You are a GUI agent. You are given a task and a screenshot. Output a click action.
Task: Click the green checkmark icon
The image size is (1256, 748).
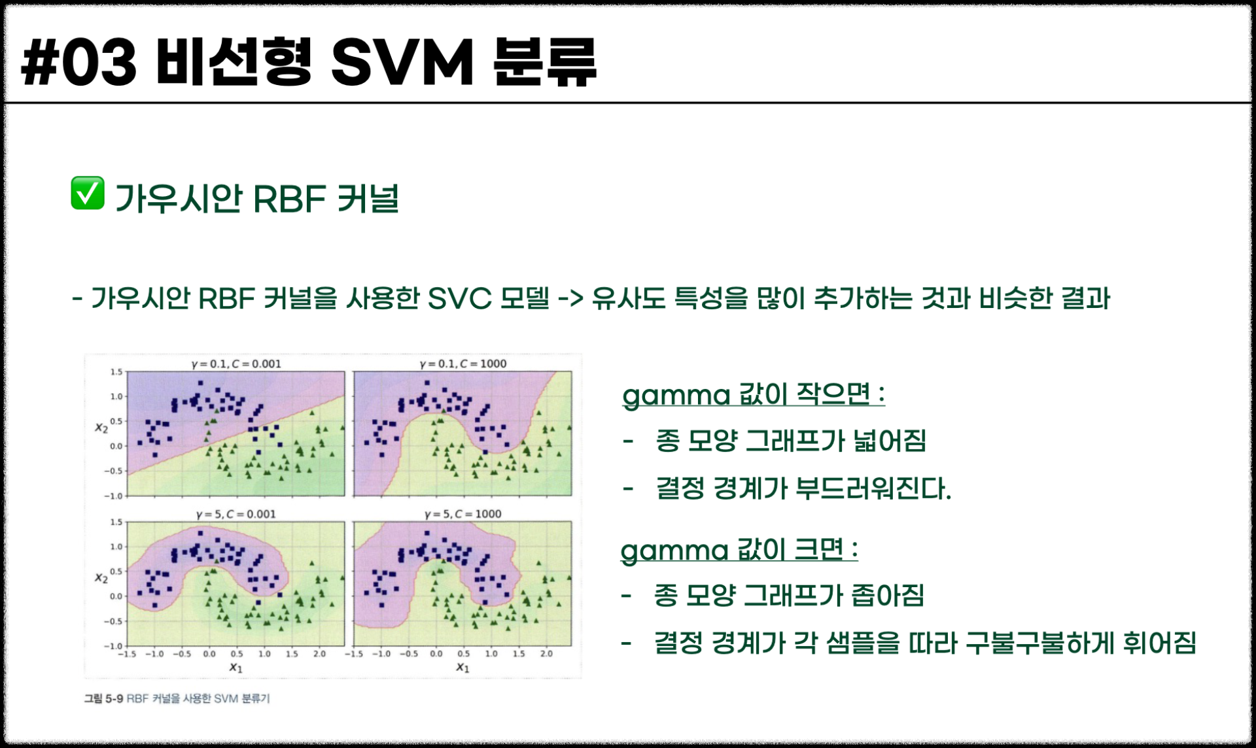coord(88,193)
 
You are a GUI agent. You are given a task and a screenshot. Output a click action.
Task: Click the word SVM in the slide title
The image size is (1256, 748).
coord(402,62)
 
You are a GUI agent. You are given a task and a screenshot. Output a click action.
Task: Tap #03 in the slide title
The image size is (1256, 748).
coord(78,62)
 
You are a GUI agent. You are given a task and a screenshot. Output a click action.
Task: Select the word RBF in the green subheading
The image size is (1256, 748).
coord(289,199)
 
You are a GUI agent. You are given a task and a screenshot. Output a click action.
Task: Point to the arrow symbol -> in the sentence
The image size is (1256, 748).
coord(570,299)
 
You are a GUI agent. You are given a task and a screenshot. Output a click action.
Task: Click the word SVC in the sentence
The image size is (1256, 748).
coord(459,299)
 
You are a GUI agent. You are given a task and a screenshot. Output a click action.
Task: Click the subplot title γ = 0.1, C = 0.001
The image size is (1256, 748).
coord(236,364)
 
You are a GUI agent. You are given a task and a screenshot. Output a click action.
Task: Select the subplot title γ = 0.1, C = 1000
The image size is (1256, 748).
coord(463,364)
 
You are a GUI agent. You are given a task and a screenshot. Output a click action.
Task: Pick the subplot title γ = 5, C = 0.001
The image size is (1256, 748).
coord(236,514)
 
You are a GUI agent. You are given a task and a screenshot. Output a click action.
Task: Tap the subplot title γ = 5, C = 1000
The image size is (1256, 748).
coord(463,514)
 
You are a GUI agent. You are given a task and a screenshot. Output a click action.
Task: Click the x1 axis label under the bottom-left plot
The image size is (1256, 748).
coord(235,668)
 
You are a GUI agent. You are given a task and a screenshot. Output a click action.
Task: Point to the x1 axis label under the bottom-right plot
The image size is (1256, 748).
coord(462,668)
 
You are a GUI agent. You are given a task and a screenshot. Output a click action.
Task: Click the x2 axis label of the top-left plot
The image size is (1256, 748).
coord(101,428)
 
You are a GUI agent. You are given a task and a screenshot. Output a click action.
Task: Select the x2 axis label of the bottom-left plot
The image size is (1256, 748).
coord(101,578)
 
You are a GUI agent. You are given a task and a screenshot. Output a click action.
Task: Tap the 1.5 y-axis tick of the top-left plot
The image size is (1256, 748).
coord(116,372)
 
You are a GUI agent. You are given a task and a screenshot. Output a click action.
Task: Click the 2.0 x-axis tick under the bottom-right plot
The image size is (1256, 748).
coord(546,653)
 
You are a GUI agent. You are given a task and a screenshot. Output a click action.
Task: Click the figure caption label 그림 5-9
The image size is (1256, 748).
coord(103,698)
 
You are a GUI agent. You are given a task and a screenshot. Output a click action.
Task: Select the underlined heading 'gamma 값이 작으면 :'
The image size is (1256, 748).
coord(754,395)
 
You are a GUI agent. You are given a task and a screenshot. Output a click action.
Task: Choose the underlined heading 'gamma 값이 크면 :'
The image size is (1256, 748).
coord(739,550)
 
